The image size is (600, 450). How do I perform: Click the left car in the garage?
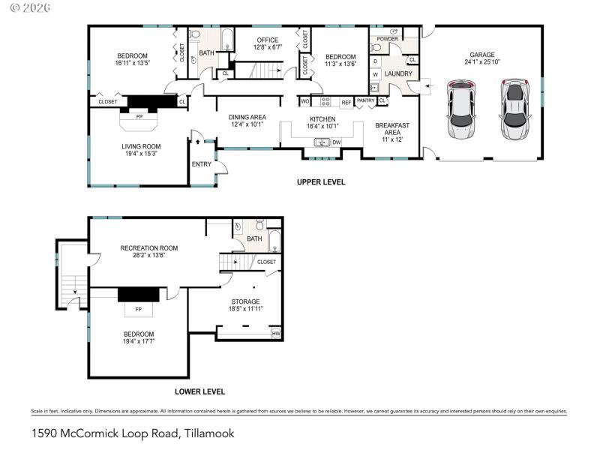(461, 109)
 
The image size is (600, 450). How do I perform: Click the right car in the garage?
(514, 109)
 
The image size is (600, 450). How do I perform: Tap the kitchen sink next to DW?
(321, 142)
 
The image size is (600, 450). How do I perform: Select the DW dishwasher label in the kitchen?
(337, 142)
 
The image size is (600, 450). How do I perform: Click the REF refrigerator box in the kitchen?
(346, 102)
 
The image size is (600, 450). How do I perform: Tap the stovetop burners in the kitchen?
(326, 101)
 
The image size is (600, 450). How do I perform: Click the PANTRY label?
(365, 100)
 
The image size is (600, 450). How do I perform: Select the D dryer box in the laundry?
(375, 61)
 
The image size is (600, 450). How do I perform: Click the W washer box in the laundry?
(375, 74)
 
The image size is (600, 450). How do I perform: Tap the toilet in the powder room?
(376, 47)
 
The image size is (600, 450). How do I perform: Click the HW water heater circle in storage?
(276, 334)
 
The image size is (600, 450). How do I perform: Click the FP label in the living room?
(139, 117)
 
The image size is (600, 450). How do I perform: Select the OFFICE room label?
(267, 40)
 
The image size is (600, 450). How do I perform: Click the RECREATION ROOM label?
(149, 247)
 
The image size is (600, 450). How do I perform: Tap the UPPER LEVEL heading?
(321, 182)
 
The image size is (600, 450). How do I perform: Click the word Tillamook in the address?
(208, 433)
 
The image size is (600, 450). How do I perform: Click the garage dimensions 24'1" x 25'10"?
(482, 62)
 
